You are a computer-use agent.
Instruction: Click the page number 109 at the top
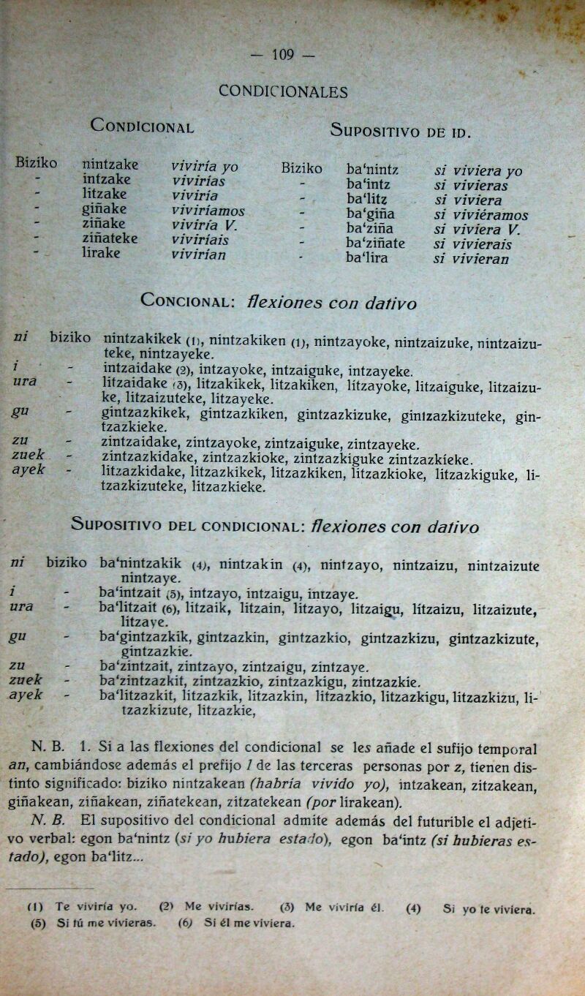[x=282, y=54]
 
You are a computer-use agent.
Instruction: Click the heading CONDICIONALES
[x=283, y=92]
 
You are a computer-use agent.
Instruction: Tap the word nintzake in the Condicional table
[x=110, y=165]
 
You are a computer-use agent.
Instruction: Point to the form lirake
[x=102, y=253]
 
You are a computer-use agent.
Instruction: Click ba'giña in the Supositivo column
[x=371, y=214]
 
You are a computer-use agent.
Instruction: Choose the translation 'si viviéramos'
[x=480, y=215]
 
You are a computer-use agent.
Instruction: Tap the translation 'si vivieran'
[x=470, y=258]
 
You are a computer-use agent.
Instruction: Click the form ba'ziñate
[x=375, y=243]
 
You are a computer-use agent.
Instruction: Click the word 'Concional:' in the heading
[x=188, y=300]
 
